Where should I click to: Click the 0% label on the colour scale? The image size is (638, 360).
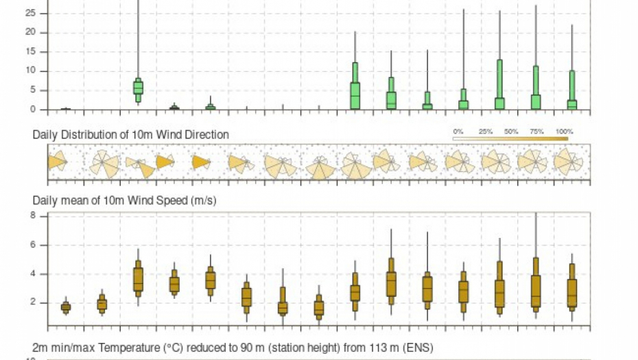point(458,131)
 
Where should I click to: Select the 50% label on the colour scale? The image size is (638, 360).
point(511,131)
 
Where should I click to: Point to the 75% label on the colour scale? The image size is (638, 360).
point(537,131)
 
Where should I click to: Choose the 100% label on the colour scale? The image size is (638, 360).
point(564,131)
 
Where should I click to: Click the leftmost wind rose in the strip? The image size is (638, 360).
point(56,163)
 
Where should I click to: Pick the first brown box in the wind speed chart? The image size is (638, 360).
point(66,307)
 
